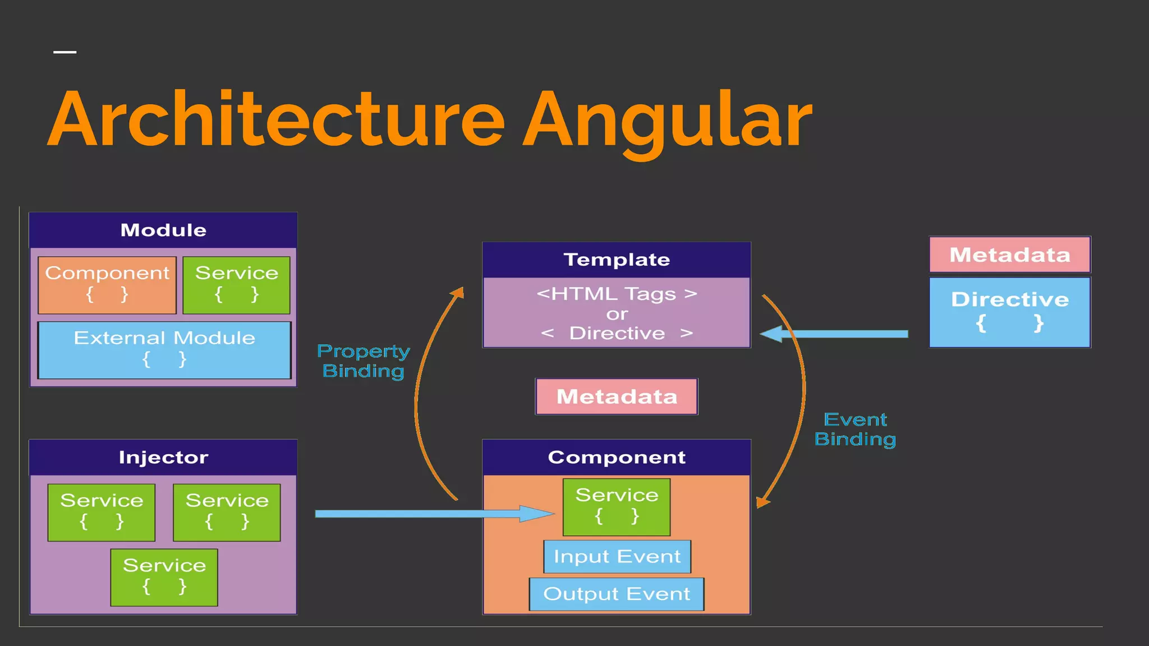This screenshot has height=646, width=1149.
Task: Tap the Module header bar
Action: point(163,230)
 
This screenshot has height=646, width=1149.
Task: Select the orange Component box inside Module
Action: point(107,285)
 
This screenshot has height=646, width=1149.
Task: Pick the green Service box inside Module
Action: point(236,285)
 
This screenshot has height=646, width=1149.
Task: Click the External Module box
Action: point(164,349)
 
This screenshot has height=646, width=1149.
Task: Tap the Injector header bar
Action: point(163,457)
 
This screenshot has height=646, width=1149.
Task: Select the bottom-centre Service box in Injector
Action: point(164,577)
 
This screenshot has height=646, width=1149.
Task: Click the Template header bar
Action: point(617,260)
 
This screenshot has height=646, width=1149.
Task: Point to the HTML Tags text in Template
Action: point(617,294)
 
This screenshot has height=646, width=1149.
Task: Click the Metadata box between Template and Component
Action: point(617,396)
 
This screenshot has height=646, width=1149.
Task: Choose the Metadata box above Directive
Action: point(1010,255)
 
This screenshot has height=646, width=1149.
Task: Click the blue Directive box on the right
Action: point(1010,312)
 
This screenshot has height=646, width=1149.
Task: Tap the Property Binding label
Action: point(364,361)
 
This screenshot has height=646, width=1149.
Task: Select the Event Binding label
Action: point(855,429)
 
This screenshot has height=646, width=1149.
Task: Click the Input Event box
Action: point(617,556)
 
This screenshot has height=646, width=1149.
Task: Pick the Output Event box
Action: point(617,594)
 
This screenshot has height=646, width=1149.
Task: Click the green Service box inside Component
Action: point(617,506)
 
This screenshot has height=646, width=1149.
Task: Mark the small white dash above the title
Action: point(65,52)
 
